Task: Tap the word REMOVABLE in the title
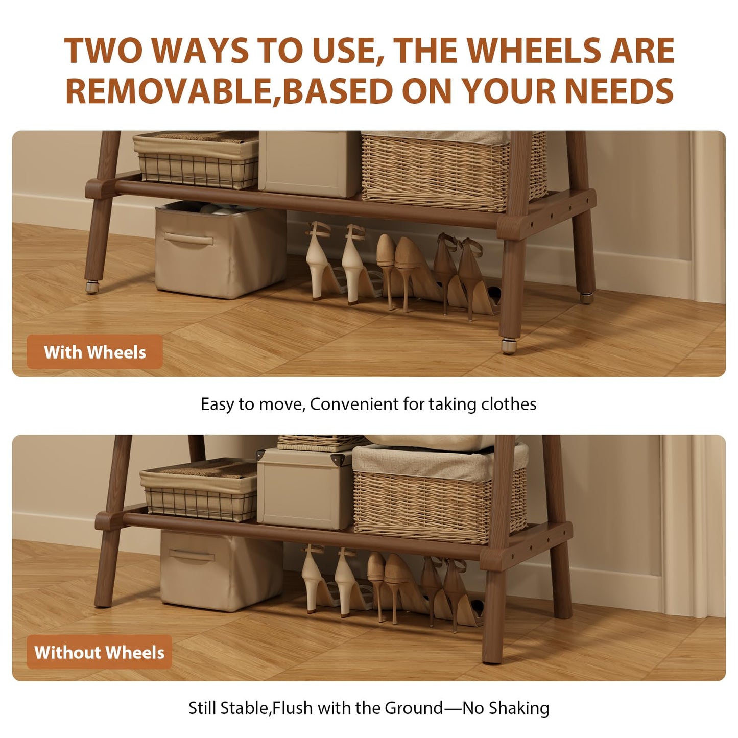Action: (172, 91)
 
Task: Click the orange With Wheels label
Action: (94, 352)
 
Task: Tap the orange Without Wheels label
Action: (99, 652)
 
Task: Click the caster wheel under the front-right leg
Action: (509, 345)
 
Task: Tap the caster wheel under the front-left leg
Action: (92, 287)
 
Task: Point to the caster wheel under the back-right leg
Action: (586, 298)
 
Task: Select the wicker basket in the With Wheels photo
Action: (454, 171)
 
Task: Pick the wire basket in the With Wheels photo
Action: (196, 160)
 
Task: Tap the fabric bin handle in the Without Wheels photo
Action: (192, 555)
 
